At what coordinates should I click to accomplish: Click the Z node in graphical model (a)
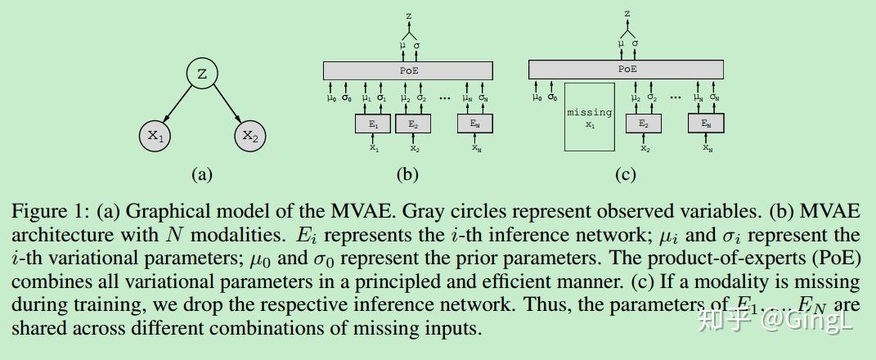coord(202,74)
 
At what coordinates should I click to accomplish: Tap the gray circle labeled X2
coord(249,136)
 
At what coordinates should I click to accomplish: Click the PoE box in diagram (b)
coord(407,70)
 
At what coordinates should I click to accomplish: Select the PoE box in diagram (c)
coord(627,70)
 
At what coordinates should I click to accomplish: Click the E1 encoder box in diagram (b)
coord(373,124)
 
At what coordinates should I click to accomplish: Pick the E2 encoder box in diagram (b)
coord(413,124)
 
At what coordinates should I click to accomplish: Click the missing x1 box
coord(589,117)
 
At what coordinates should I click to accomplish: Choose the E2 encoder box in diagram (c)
coord(644,124)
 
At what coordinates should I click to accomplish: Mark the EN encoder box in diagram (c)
coord(706,124)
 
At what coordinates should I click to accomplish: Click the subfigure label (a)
coord(201,174)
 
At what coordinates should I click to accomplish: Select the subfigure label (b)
coord(407,174)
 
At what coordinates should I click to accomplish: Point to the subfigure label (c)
coord(626,174)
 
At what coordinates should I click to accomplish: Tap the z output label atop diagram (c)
coord(627,14)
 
